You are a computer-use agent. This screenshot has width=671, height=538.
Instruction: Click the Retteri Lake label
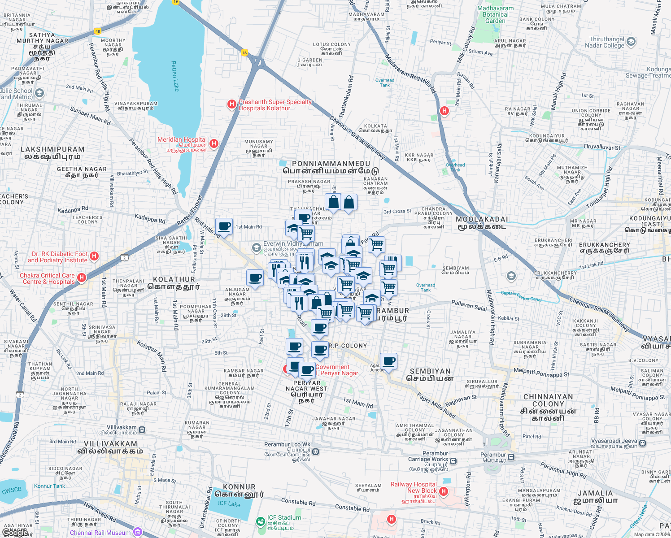tap(174, 77)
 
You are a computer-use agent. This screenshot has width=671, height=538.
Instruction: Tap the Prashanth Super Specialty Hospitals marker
tap(231, 104)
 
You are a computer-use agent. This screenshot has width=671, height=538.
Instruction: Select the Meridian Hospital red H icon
tap(214, 143)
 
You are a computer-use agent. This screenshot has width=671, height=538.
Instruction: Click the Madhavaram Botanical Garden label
tap(495, 14)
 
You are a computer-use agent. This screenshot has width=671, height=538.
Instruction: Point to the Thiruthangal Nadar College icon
tap(631, 42)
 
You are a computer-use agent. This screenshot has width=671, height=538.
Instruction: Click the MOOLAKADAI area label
tap(482, 219)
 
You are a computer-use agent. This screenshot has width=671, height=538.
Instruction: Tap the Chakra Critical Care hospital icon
tap(82, 278)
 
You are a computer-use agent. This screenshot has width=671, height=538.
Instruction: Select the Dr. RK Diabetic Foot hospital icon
tap(94, 256)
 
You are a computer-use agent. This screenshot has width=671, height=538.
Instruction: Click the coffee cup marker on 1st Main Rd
tap(224, 226)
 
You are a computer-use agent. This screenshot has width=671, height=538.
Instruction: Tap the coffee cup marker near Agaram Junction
tap(389, 361)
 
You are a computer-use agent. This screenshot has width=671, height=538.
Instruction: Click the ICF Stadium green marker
tap(260, 521)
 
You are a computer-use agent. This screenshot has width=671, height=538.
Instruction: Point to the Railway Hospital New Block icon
tap(444, 491)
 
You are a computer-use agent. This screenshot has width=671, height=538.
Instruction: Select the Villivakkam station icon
tap(142, 430)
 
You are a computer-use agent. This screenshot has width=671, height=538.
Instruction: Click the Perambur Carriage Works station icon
tap(453, 461)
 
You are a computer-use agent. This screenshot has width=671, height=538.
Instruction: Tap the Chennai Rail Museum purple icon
tap(137, 532)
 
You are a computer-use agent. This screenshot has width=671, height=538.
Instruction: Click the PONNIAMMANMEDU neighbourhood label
tap(331, 164)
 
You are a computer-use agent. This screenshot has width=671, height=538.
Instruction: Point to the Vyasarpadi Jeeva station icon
tap(642, 443)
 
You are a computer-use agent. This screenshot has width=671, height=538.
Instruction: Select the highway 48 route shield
tap(98, 31)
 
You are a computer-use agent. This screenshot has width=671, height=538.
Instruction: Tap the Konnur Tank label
tap(49, 486)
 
